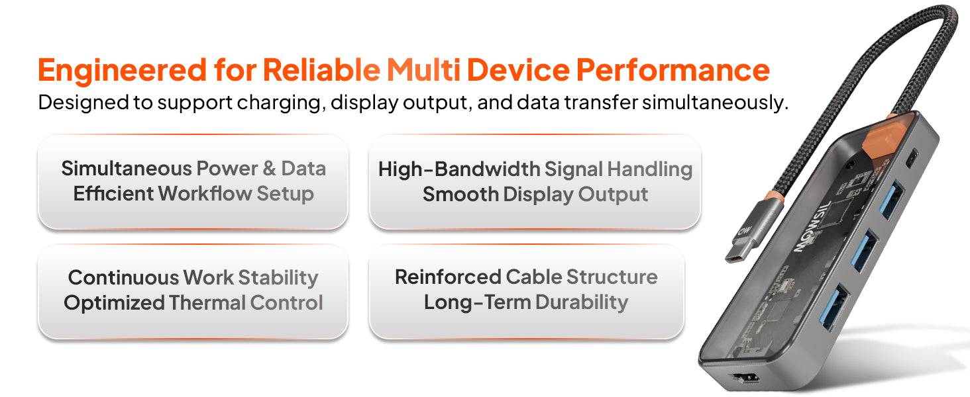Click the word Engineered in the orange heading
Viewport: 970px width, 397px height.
coord(122,71)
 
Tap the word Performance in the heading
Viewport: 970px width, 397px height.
coord(673,71)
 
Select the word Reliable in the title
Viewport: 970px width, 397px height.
coord(321,69)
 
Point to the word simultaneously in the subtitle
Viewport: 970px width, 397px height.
coord(715,103)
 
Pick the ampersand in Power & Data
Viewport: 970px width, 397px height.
coord(270,168)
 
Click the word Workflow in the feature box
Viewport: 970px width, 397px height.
coord(205,193)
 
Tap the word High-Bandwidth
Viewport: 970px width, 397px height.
coord(459,169)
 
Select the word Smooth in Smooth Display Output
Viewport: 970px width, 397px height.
coord(460,194)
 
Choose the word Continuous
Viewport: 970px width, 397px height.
coord(123,278)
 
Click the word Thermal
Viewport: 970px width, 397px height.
coord(207,303)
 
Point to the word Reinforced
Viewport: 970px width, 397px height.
coord(448,277)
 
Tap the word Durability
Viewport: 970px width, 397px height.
coord(582,302)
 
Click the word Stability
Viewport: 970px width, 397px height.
coord(278,278)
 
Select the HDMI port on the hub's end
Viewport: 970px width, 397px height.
coord(745,378)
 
